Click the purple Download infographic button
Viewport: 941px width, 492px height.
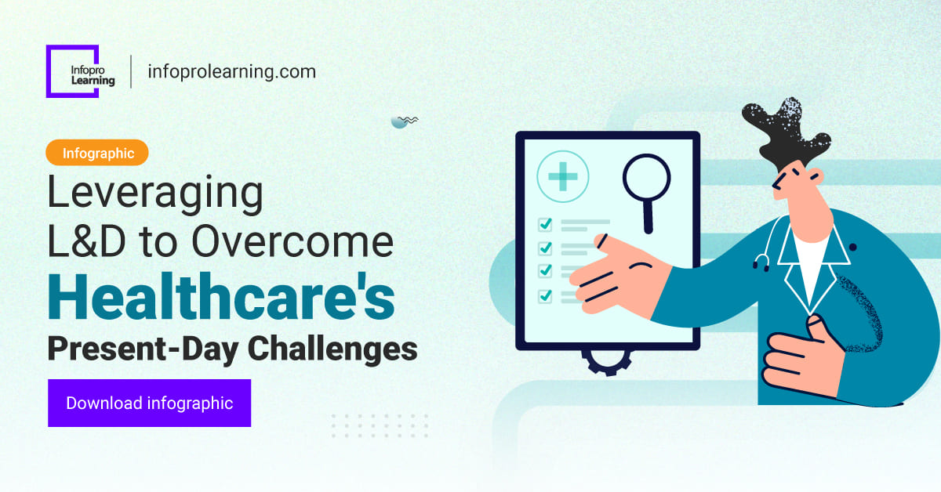click(149, 403)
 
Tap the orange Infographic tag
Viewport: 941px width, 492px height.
click(98, 153)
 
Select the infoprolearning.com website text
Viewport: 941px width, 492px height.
click(231, 72)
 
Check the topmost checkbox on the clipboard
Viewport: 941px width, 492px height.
click(545, 225)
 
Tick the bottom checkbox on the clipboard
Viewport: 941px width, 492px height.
click(545, 296)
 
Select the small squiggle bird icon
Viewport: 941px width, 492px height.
click(403, 121)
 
